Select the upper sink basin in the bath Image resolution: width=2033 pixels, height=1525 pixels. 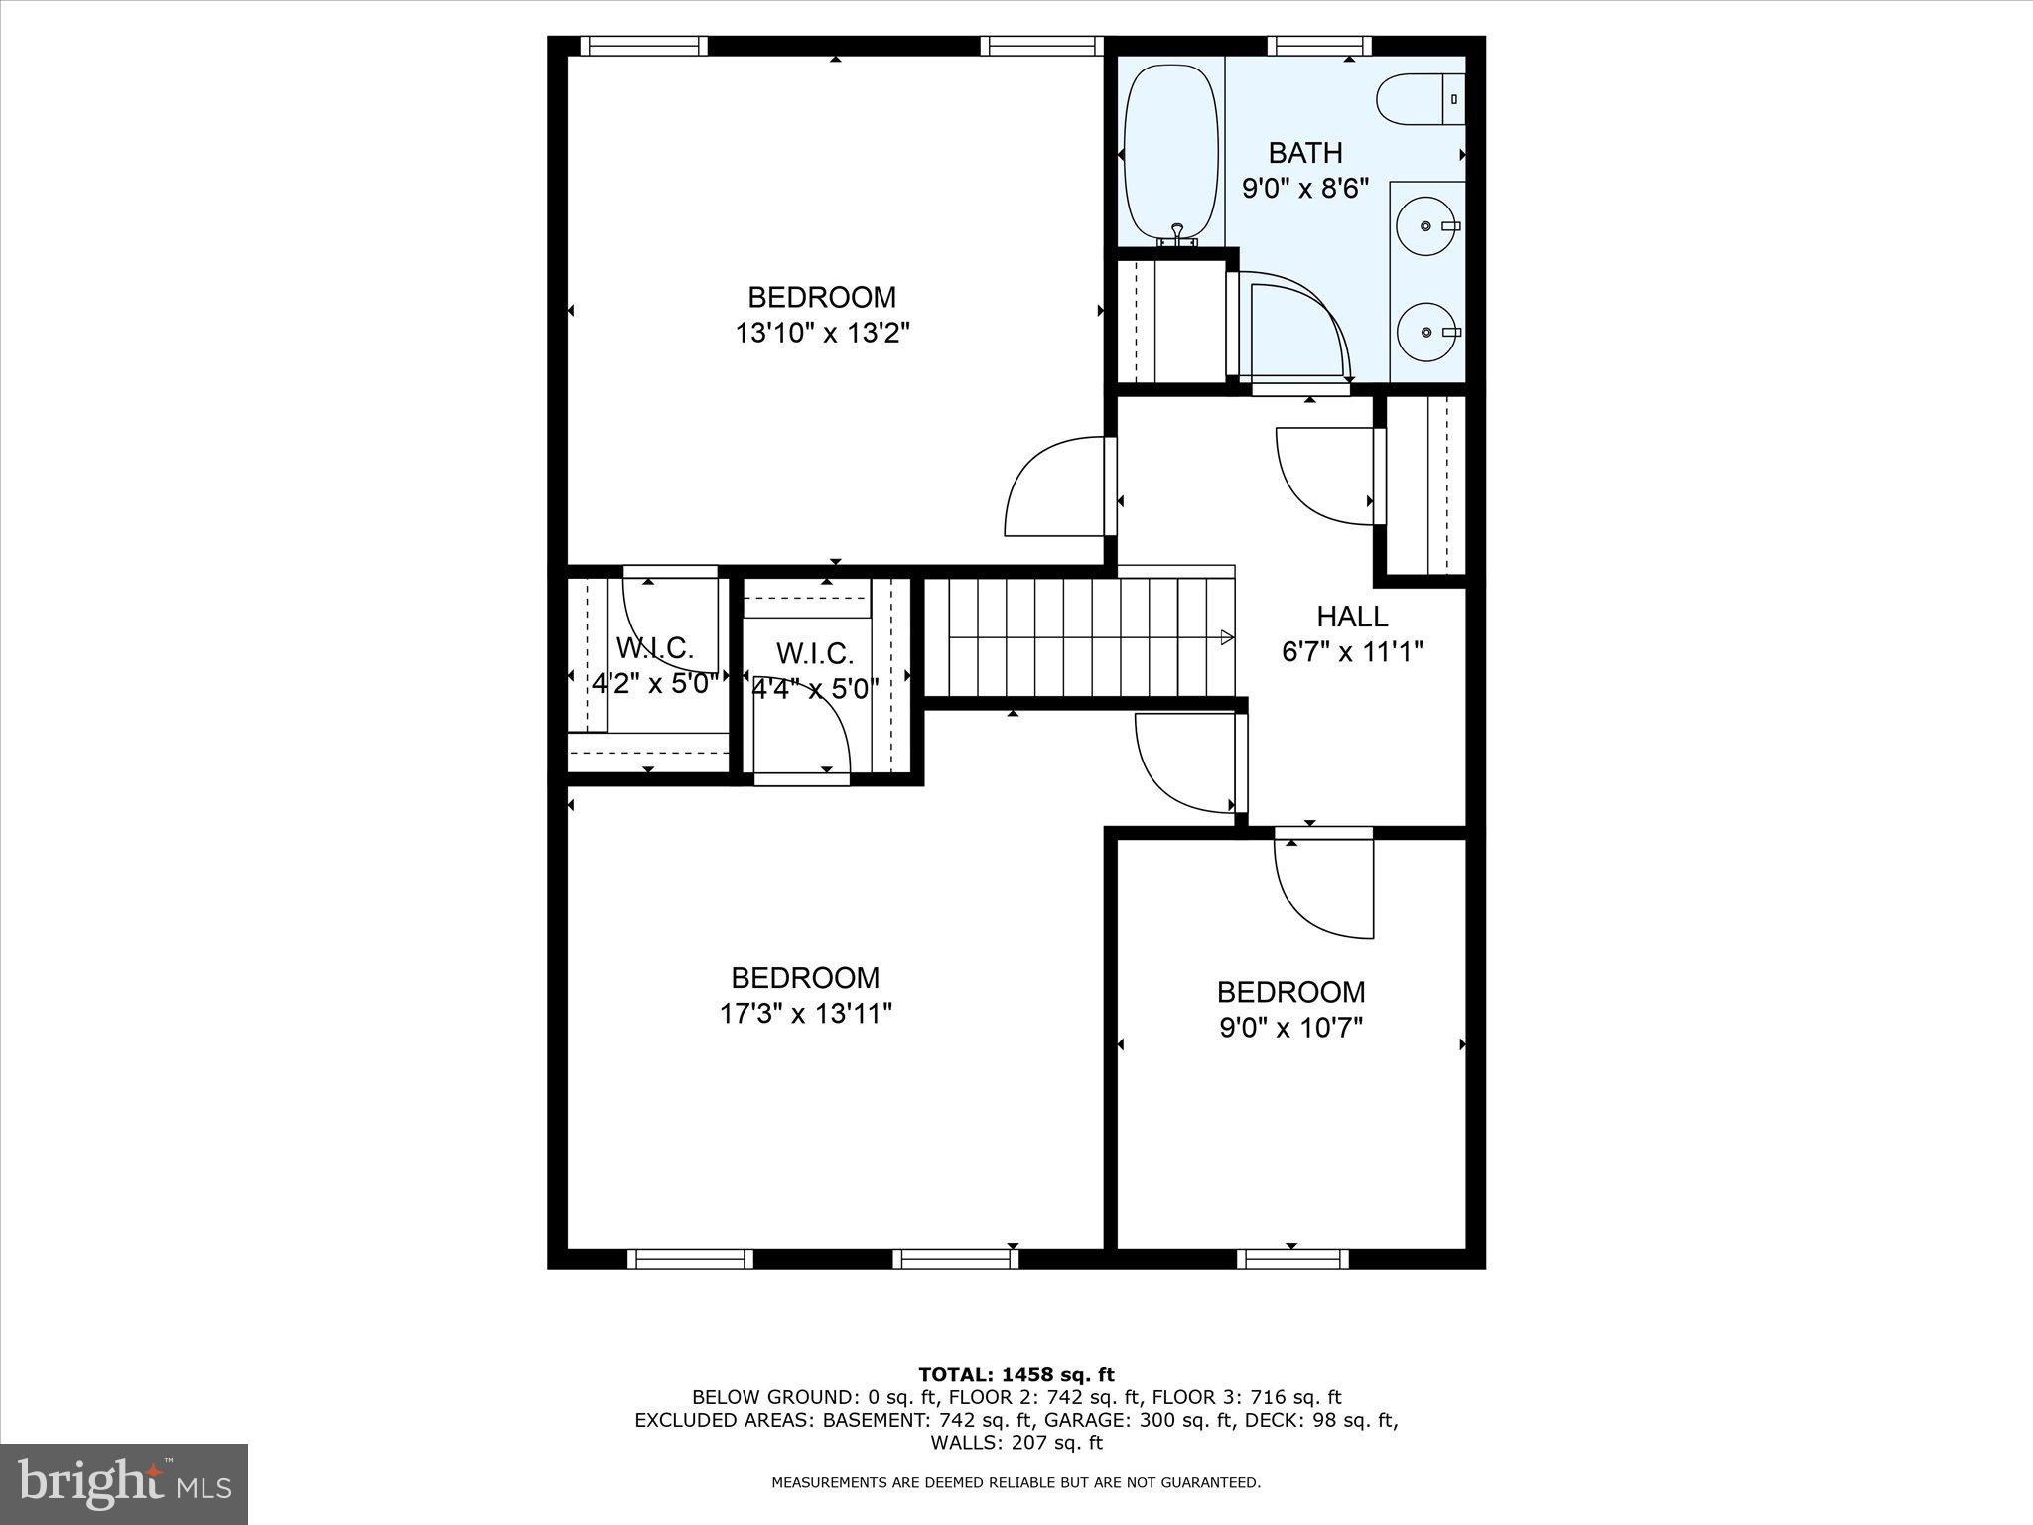1426,226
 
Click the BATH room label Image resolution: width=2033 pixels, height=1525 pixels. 1305,153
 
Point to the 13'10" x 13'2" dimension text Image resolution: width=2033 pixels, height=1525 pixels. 822,333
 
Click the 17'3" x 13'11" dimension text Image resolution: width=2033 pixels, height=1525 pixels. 805,1014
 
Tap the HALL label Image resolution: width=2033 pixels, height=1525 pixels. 1352,617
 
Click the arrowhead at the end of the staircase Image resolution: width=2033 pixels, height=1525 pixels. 1227,637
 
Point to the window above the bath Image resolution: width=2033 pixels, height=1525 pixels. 1319,45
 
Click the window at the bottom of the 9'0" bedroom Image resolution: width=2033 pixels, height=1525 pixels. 1292,1259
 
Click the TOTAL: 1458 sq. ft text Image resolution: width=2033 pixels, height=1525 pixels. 1016,1375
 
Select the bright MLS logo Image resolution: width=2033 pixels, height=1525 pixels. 124,1484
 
